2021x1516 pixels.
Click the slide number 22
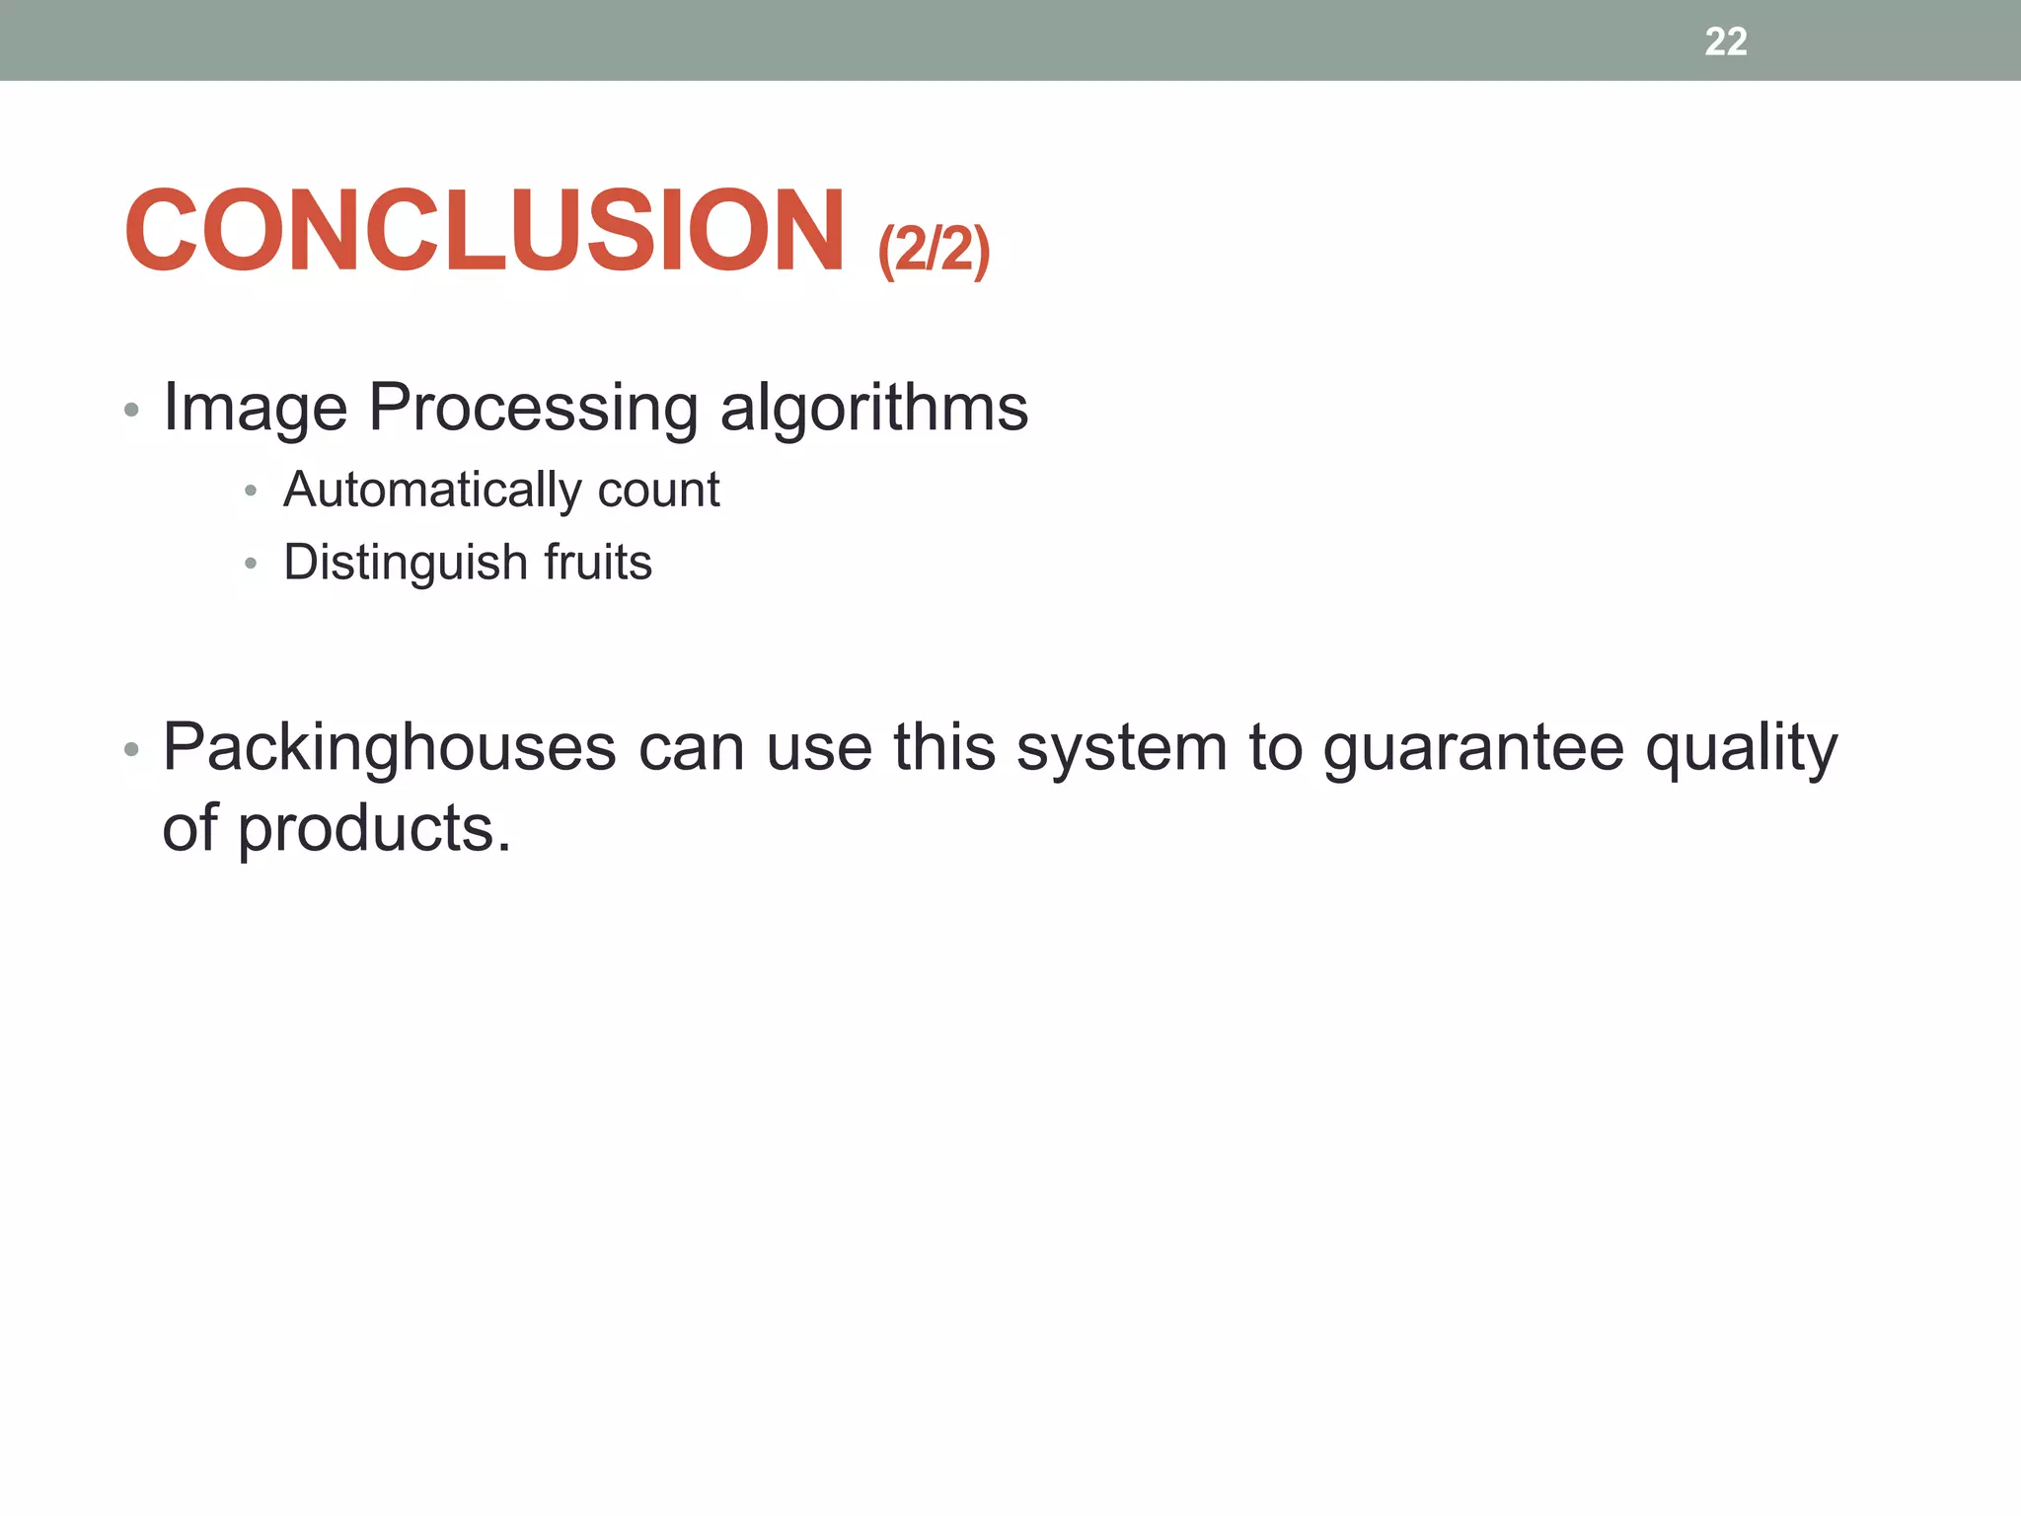pyautogui.click(x=1725, y=41)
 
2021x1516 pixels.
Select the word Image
pyautogui.click(x=255, y=408)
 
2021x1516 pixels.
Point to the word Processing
pyautogui.click(x=533, y=408)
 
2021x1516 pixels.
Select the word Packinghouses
pyautogui.click(x=389, y=747)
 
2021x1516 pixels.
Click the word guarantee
pyautogui.click(x=1472, y=749)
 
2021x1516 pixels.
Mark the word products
pyautogui.click(x=373, y=829)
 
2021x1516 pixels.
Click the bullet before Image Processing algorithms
pyautogui.click(x=132, y=410)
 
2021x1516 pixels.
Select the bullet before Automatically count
pyautogui.click(x=251, y=491)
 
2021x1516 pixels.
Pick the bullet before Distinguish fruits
pyautogui.click(x=251, y=564)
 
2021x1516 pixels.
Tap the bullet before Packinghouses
pyautogui.click(x=132, y=750)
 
